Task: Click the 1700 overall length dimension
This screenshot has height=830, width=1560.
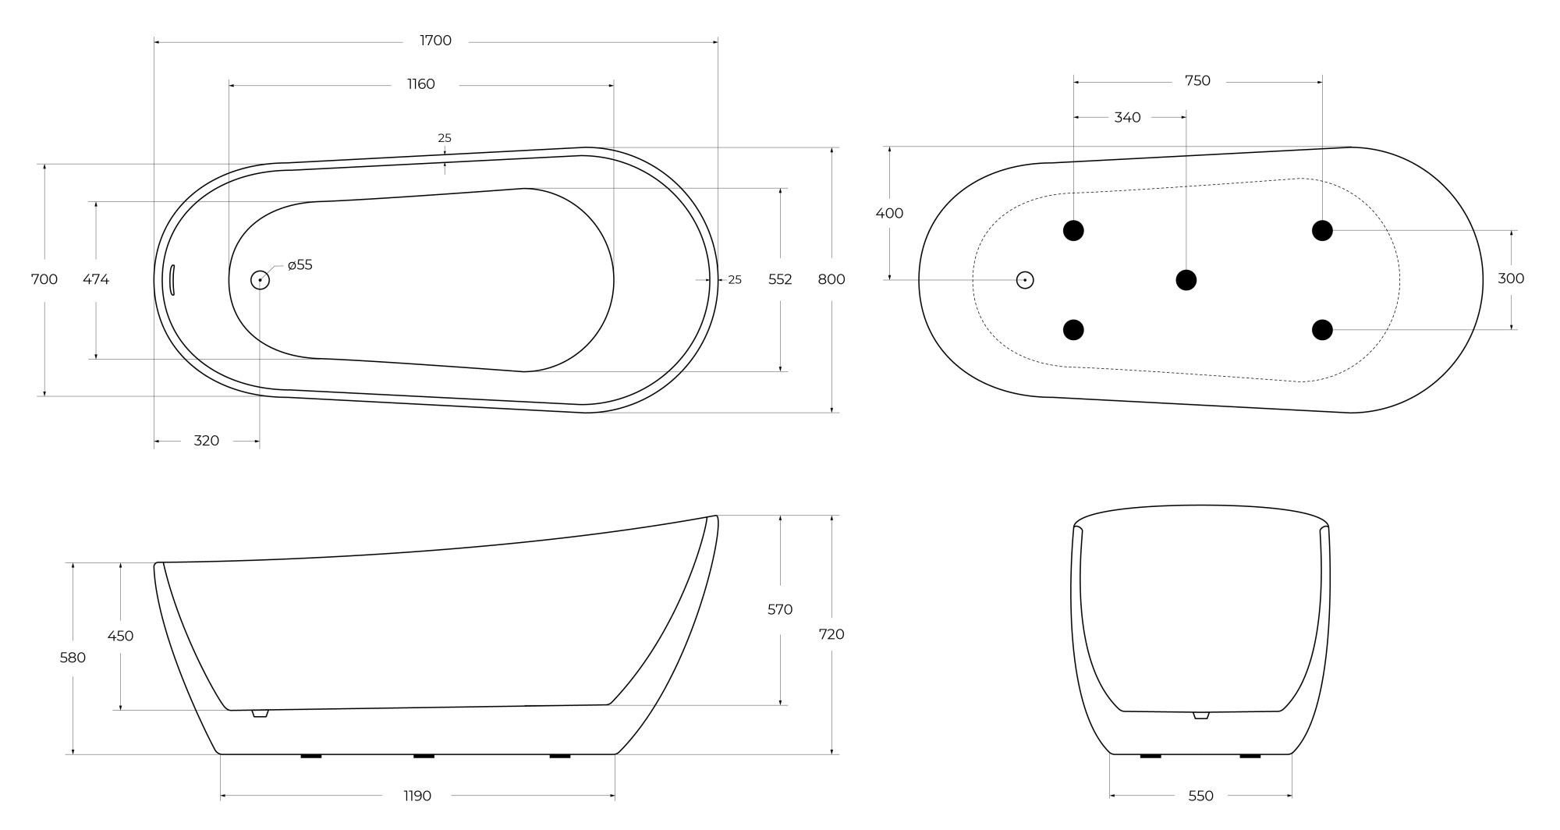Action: coord(435,41)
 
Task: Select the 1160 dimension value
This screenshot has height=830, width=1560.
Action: coord(420,84)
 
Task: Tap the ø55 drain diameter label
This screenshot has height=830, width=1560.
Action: coord(300,265)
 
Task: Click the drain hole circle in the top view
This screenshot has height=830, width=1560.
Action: coord(260,280)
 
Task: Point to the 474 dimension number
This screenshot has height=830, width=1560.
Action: coord(96,279)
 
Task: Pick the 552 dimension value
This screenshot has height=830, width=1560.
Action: coord(780,279)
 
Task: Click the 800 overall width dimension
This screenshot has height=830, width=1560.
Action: coord(831,279)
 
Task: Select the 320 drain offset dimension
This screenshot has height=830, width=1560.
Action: coord(206,441)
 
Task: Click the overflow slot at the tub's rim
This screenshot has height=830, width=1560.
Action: coord(172,279)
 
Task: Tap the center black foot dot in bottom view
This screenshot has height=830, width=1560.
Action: coord(1186,279)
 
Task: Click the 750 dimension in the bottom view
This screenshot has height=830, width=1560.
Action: coord(1197,80)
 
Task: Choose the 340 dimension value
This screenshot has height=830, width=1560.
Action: coord(1127,117)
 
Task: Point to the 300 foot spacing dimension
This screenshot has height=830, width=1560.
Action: coord(1511,278)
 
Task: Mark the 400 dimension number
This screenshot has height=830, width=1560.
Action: coord(889,213)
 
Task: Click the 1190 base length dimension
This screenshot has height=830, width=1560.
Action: coord(417,796)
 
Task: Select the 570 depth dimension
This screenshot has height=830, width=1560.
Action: coord(780,609)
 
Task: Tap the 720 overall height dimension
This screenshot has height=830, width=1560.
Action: coord(831,634)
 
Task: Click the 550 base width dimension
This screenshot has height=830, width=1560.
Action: coord(1200,796)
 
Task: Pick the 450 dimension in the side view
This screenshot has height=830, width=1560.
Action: coord(120,636)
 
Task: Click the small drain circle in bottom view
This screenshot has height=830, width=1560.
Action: coord(1025,280)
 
